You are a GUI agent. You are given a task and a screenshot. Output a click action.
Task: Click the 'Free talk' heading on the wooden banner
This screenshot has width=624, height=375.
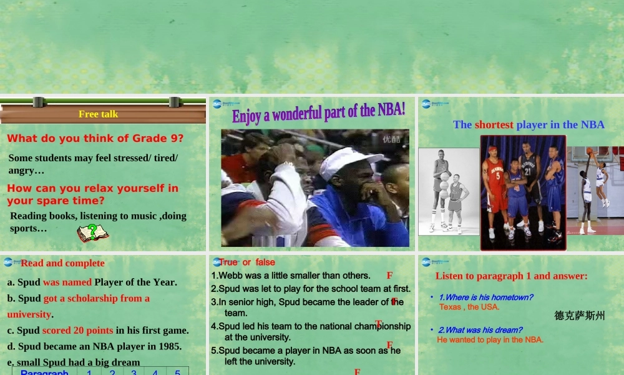[x=98, y=114]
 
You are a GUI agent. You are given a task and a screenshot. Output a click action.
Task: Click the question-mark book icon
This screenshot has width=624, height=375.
[x=92, y=233]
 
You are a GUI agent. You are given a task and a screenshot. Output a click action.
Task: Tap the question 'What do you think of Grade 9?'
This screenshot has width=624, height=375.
[x=95, y=139]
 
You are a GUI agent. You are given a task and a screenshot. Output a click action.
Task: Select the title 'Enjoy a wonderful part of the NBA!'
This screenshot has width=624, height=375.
[x=318, y=113]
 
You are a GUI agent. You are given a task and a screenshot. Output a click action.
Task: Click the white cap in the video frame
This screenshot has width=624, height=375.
[x=349, y=162]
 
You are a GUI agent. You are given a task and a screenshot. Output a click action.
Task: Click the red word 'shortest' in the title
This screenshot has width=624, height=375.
[x=494, y=124]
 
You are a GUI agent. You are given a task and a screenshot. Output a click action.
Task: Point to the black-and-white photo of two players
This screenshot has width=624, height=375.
[x=449, y=191]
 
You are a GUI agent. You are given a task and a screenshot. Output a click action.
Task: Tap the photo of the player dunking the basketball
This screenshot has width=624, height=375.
[x=595, y=191]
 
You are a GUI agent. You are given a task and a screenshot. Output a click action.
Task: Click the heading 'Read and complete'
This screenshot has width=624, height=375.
[x=62, y=263]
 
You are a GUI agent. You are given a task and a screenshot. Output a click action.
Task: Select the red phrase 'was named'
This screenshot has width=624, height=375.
[x=67, y=282]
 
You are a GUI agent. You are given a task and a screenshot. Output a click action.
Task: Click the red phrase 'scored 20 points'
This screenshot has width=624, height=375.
[x=77, y=330]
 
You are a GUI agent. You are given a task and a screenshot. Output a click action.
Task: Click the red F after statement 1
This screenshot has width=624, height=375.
[x=389, y=276]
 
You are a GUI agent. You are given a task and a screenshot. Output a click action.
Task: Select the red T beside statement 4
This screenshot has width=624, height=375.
[x=378, y=324]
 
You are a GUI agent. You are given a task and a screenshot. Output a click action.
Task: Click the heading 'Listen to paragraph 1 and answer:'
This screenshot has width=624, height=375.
[x=511, y=276]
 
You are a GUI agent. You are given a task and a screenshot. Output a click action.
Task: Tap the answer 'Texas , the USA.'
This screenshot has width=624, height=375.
[x=469, y=307]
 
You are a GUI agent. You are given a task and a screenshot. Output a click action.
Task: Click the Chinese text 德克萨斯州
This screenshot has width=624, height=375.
[x=579, y=316]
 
